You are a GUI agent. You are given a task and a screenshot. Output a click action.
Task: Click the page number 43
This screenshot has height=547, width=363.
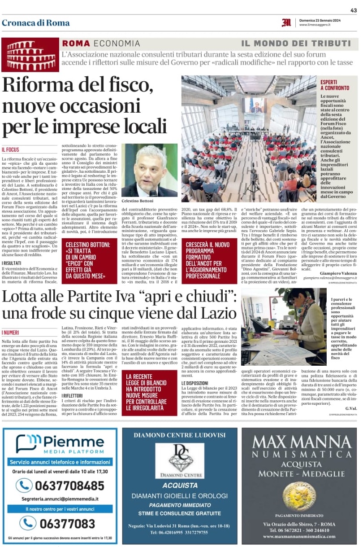click(354, 10)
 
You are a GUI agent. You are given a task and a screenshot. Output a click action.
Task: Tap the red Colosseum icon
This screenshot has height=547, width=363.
click(30, 54)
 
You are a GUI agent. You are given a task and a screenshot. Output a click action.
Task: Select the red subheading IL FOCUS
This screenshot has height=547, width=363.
click(10, 149)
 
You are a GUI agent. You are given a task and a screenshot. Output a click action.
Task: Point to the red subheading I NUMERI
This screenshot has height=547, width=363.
click(10, 332)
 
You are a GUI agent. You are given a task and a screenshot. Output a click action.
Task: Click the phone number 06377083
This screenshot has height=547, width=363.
click(67, 524)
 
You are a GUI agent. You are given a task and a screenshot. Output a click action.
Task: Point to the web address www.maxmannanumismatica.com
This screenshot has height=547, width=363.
click(299, 536)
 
